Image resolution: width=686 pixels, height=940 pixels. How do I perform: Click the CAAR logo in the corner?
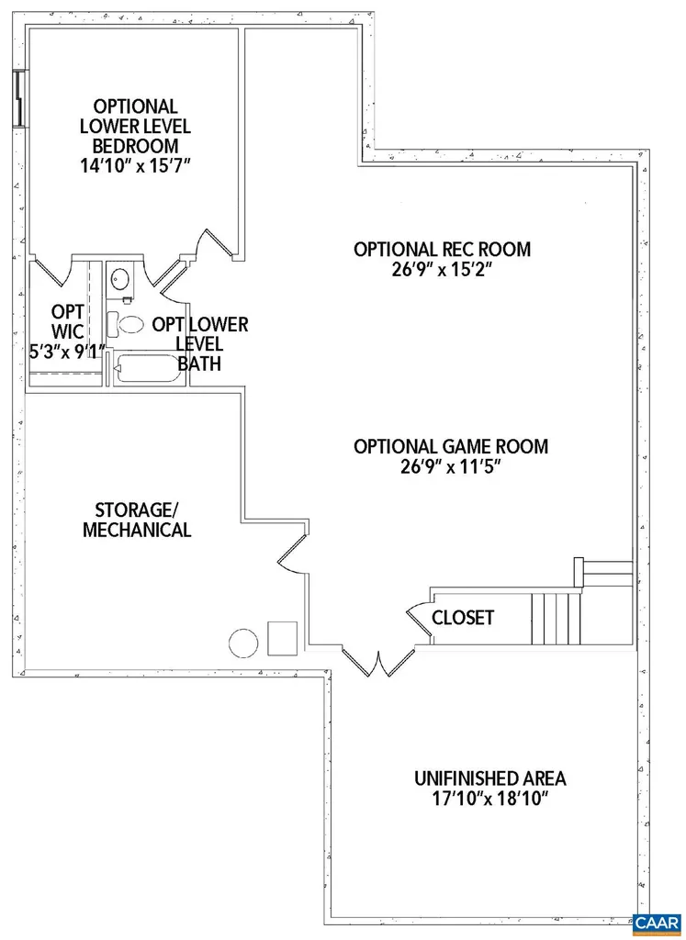(656, 922)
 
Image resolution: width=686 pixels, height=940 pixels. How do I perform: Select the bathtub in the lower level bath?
(145, 370)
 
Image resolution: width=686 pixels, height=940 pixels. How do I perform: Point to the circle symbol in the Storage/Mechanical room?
(243, 642)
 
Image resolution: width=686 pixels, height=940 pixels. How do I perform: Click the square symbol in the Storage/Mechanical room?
(282, 636)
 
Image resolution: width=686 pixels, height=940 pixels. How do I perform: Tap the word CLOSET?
(463, 618)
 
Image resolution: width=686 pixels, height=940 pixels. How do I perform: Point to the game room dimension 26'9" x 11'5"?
(450, 467)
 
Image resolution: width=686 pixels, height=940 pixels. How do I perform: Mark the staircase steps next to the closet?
(555, 619)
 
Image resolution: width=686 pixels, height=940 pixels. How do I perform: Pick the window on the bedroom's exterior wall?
(17, 98)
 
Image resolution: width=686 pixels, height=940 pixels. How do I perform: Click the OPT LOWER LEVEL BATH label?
(199, 344)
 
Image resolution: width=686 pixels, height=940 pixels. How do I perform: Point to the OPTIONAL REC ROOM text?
(442, 249)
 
